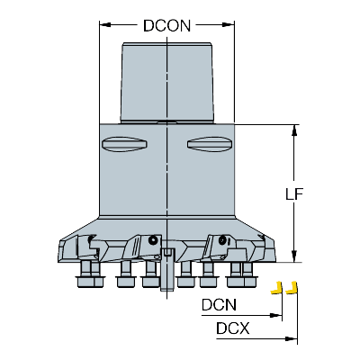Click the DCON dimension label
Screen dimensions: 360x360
coord(166,26)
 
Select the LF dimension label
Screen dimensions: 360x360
coord(294,194)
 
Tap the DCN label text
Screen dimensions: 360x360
coord(219,305)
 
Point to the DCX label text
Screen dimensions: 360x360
coord(233,328)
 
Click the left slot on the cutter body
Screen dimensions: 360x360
coord(124,144)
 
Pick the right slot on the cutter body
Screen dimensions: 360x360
coord(210,144)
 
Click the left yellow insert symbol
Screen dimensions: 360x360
coord(277,288)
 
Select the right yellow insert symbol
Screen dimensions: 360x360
coord(292,288)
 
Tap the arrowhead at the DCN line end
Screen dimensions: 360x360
coord(275,315)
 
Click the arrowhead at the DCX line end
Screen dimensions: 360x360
coord(291,338)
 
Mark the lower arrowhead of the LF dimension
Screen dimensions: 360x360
coord(294,256)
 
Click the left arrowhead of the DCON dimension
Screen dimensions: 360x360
coord(105,24)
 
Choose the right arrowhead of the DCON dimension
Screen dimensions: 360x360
coord(228,24)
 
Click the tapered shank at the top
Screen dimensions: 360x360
coord(167,83)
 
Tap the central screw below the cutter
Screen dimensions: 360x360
coord(167,269)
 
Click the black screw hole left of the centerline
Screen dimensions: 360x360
coord(153,240)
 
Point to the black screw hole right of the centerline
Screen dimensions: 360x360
coord(222,240)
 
